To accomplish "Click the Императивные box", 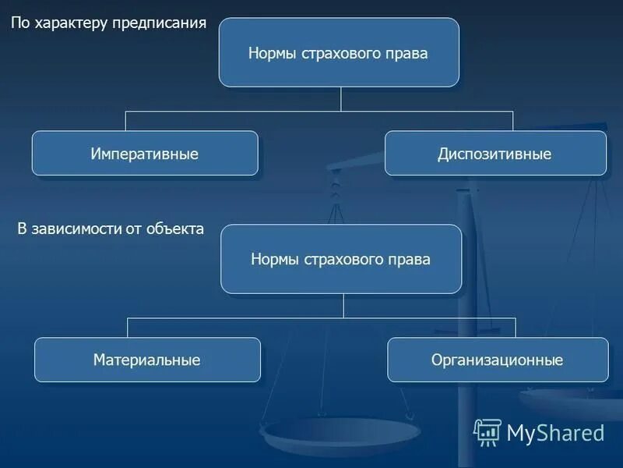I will [x=145, y=154].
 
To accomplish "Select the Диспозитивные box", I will [x=495, y=154].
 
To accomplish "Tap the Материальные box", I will [x=147, y=360].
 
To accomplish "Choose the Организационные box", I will [x=498, y=360].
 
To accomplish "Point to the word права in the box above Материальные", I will [x=410, y=260].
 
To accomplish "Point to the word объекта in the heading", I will [x=177, y=229].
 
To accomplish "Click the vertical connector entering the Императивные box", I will [x=126, y=121].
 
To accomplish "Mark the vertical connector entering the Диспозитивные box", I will [x=512, y=121].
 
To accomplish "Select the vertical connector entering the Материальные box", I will [x=128, y=328].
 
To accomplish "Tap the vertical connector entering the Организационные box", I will [x=515, y=328].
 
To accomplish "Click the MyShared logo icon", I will [x=487, y=431].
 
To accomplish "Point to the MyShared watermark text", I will [x=555, y=432].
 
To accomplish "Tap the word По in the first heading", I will [x=19, y=23].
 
